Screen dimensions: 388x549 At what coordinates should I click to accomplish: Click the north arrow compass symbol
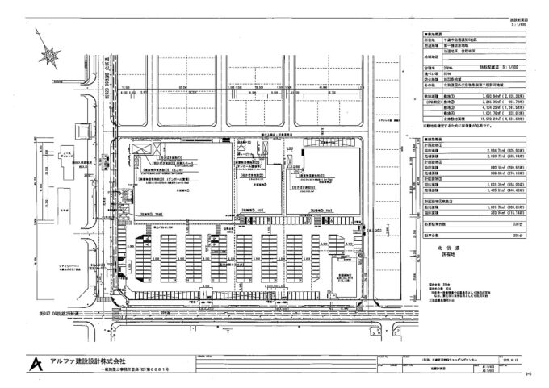[50, 56]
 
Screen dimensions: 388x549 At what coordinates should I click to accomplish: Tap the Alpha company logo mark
[35, 365]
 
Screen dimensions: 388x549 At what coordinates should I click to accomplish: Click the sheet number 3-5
[528, 373]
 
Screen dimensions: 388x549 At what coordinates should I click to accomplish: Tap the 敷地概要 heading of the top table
[430, 35]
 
